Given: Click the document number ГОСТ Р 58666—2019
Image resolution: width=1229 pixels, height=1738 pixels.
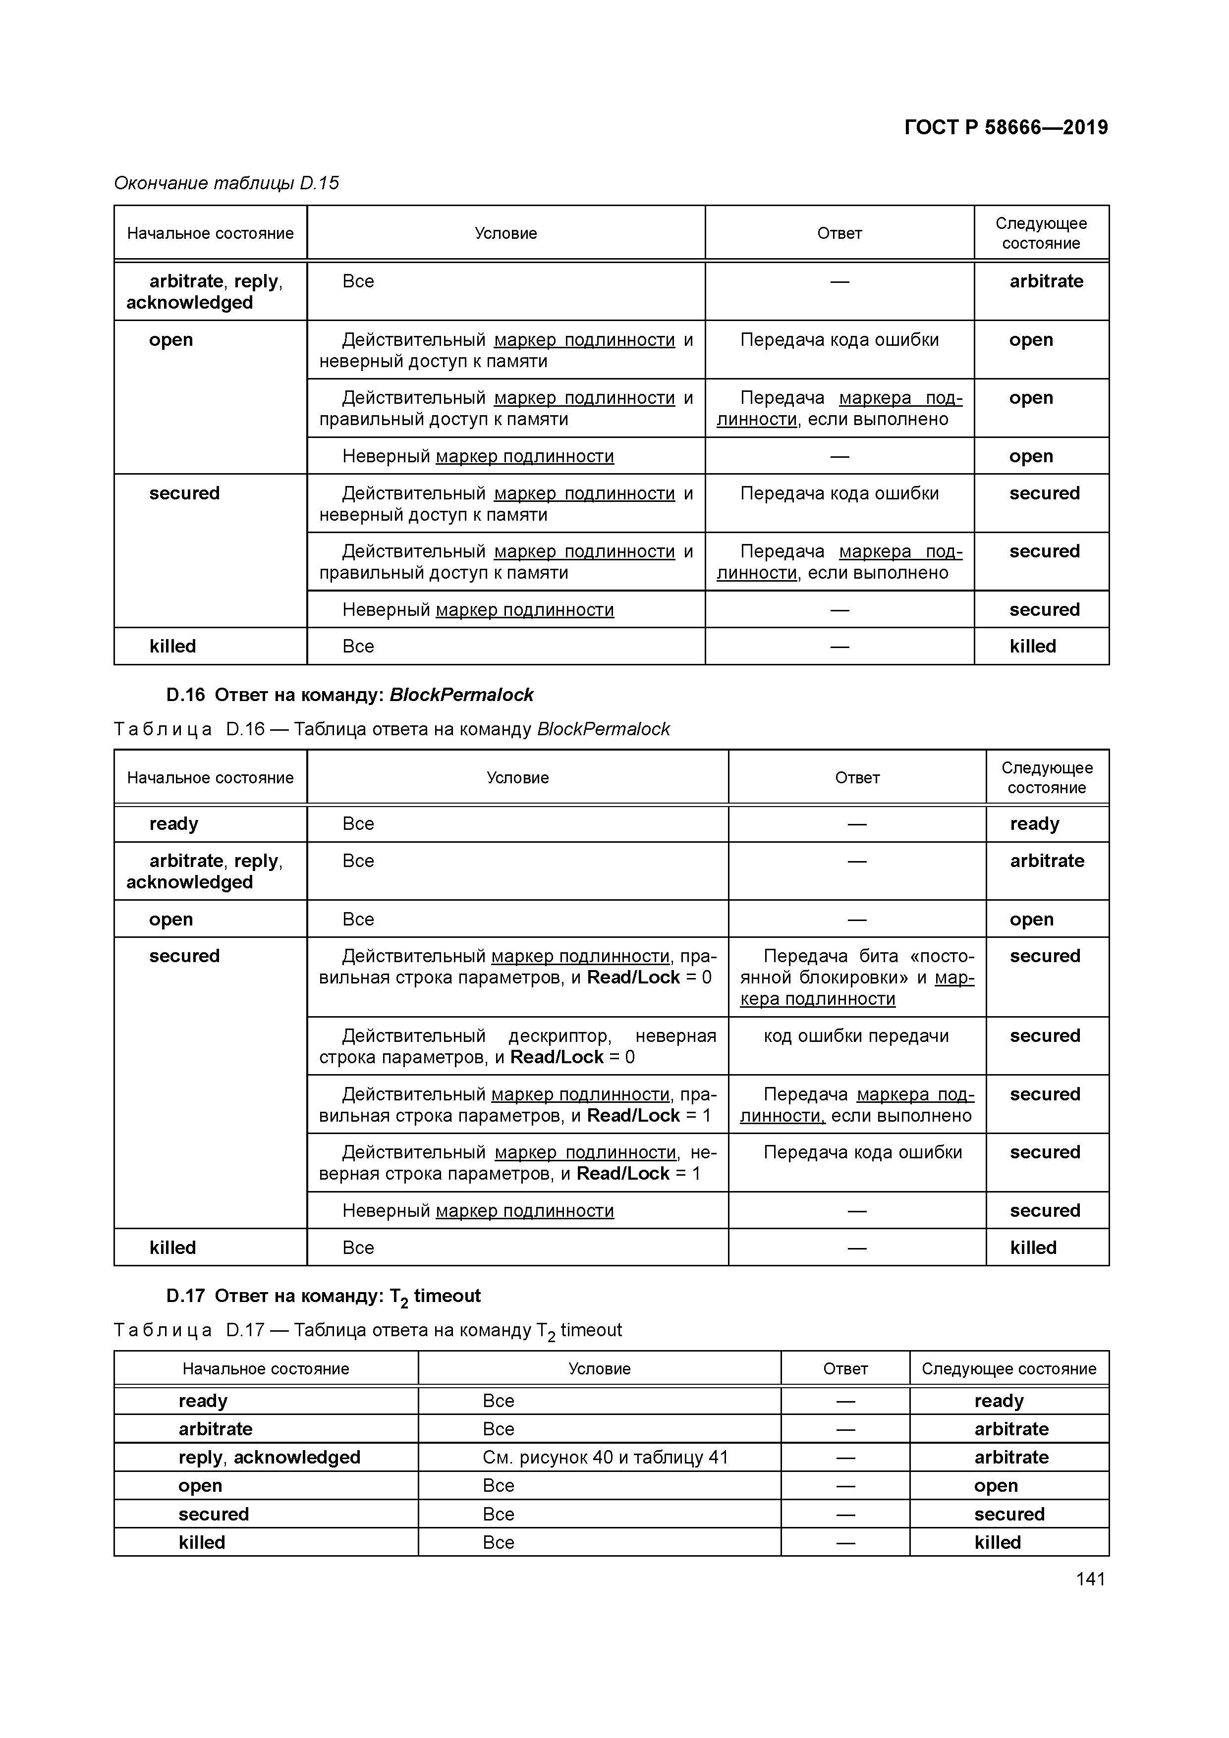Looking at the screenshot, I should pos(1006,127).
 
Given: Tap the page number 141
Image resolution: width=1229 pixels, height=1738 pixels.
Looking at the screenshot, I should pos(1090,1579).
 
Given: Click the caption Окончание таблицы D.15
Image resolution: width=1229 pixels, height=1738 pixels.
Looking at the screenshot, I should pos(225,183).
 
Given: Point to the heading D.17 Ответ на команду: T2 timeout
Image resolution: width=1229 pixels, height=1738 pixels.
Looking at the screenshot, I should pos(323,1296).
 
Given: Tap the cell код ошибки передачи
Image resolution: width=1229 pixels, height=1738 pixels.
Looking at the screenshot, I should pos(856,1036).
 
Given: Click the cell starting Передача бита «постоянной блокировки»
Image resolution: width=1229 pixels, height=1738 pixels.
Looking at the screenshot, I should pos(856,977).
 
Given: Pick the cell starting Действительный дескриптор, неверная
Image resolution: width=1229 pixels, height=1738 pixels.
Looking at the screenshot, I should pos(517,1046).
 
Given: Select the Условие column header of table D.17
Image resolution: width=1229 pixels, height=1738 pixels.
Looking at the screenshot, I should pos(599,1368).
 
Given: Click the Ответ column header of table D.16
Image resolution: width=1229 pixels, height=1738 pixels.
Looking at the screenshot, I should pos(856,777).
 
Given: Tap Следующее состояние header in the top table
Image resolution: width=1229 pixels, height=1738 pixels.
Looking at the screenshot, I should pos(1041,233).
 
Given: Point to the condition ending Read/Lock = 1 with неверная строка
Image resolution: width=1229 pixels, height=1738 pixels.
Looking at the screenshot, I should pos(517,1163).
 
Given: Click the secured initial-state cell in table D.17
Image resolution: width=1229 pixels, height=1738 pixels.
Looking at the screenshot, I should pos(214,1514).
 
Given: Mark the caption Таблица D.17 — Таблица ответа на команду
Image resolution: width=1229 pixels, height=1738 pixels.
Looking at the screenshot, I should pos(367,1330).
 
